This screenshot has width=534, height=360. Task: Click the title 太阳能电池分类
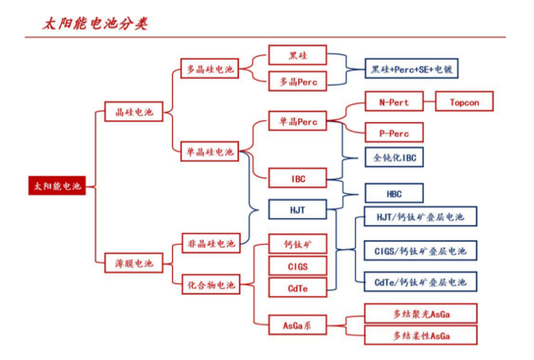pos(95,24)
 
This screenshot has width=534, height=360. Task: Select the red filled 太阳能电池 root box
pos(57,186)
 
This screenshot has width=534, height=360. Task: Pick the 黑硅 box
pos(297,55)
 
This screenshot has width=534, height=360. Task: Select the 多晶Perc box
pos(297,82)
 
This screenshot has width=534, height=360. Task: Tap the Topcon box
pos(465,102)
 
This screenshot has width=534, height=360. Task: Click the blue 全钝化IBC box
pos(394,157)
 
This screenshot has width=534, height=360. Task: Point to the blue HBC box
pos(394,194)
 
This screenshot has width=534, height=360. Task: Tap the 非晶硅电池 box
pos(211,244)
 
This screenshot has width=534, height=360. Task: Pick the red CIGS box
pos(297,265)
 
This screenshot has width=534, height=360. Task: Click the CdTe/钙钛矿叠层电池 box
pos(420,282)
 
